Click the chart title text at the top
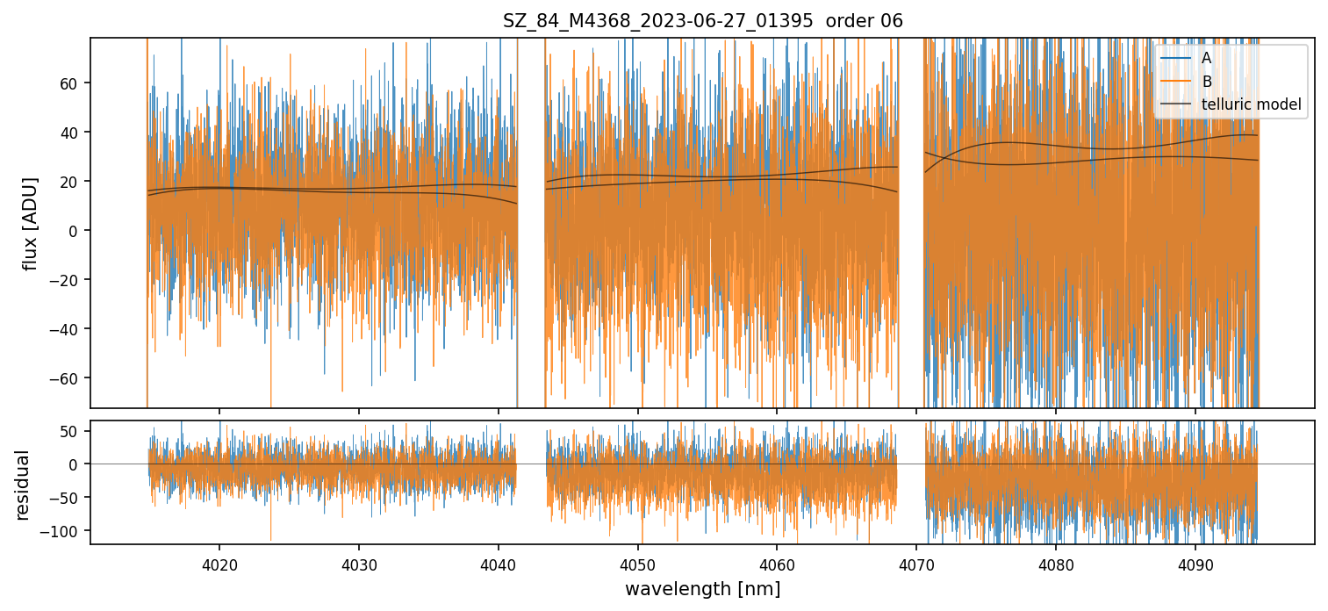pyautogui.click(x=702, y=21)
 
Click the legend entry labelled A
pyautogui.click(x=1206, y=58)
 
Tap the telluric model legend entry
pyautogui.click(x=1251, y=105)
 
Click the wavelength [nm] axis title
pyautogui.click(x=702, y=588)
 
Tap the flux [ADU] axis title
pyautogui.click(x=32, y=223)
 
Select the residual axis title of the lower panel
pyautogui.click(x=22, y=485)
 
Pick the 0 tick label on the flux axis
pyautogui.click(x=75, y=231)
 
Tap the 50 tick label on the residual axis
pyautogui.click(x=71, y=431)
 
